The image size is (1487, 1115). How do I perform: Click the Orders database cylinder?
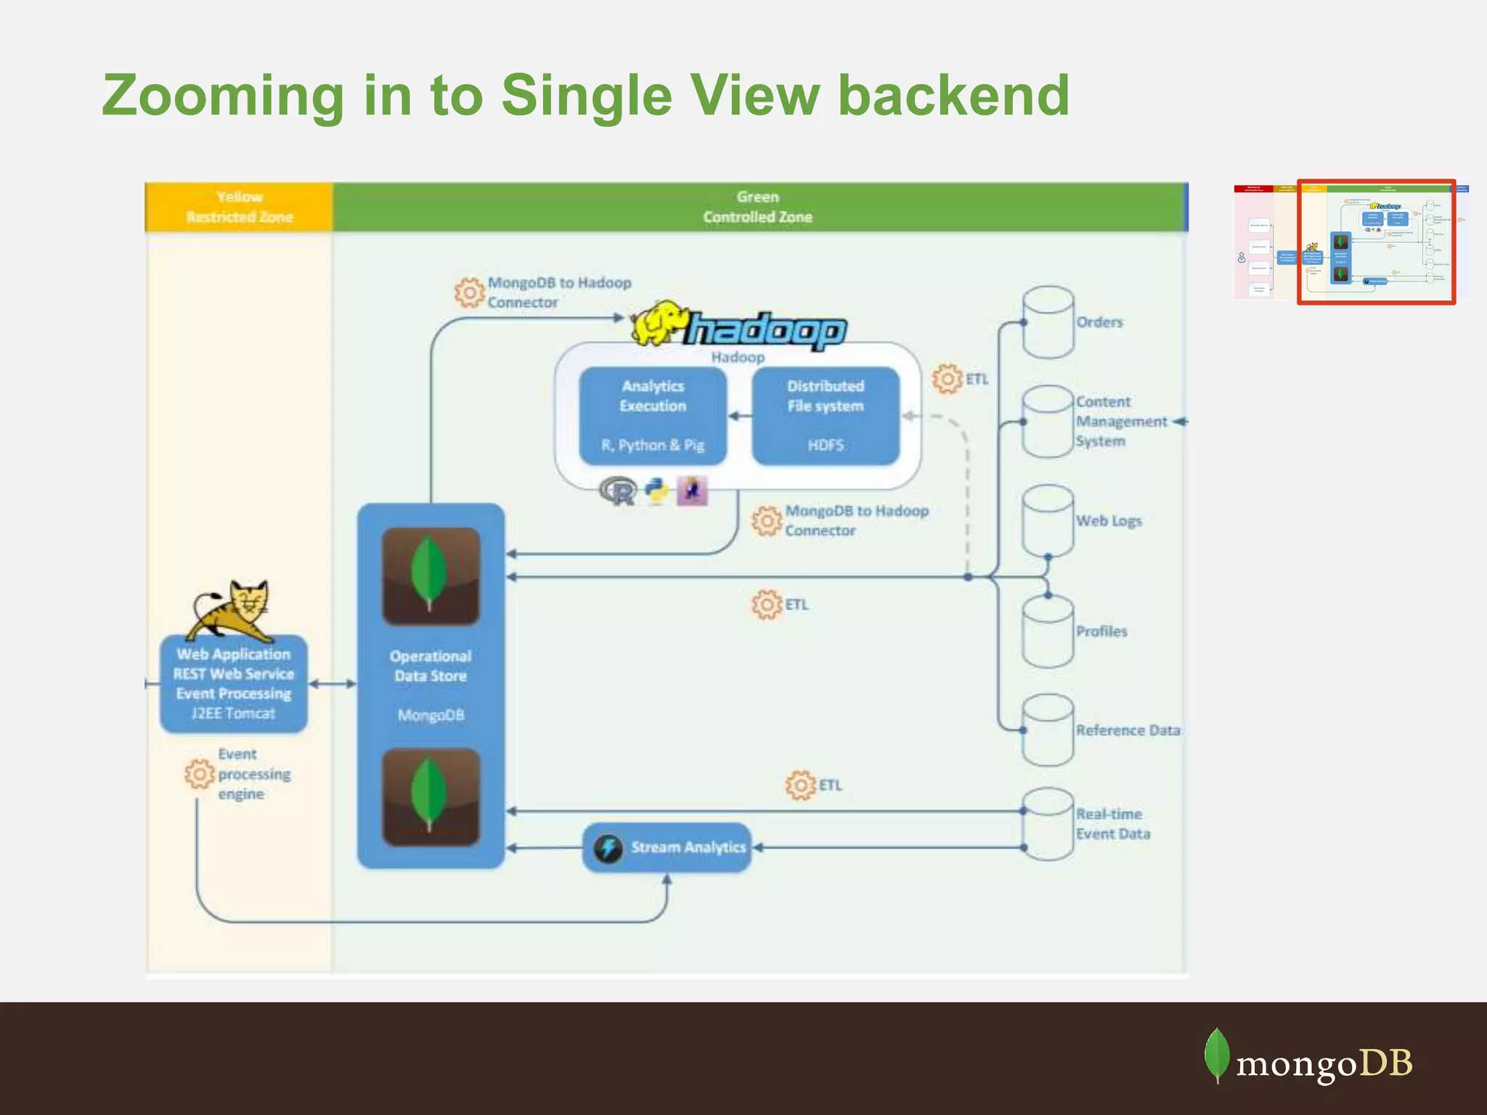1048,322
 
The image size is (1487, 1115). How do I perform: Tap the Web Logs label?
1109,520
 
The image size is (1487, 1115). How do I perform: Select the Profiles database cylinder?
1048,632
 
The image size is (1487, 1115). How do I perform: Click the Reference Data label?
1128,730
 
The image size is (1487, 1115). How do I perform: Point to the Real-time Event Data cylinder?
1048,824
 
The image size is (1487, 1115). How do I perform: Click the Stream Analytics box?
667,847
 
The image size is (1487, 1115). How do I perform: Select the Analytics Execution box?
653,415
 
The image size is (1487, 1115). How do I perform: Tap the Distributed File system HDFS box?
826,415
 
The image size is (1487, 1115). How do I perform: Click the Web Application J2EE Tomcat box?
233,683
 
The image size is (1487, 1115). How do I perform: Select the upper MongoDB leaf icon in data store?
431,576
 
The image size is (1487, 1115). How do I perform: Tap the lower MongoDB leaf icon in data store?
431,797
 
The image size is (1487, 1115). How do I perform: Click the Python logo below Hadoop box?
657,491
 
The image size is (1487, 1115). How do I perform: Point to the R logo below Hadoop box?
619,491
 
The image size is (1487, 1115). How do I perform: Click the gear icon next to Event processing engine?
200,774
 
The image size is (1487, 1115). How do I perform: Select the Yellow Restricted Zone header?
239,207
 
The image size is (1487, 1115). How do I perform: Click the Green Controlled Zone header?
757,207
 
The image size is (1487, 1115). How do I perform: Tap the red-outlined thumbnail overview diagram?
1376,242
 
